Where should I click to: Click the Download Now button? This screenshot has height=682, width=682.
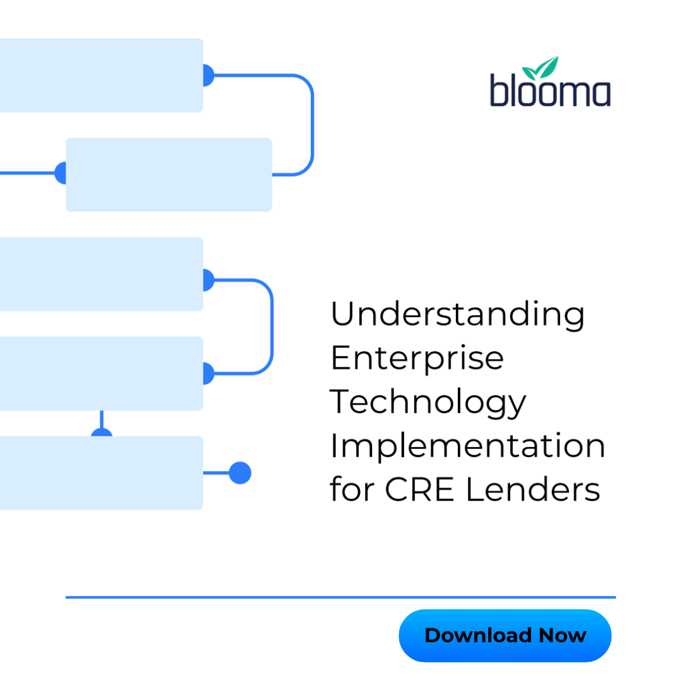pyautogui.click(x=505, y=635)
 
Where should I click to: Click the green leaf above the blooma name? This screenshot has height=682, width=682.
pyautogui.click(x=541, y=68)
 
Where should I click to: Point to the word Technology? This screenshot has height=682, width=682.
pyautogui.click(x=428, y=403)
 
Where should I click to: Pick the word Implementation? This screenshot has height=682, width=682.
pyautogui.click(x=467, y=446)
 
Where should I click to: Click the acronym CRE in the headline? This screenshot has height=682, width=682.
pyautogui.click(x=420, y=490)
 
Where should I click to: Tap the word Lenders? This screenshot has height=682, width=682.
pyautogui.click(x=533, y=490)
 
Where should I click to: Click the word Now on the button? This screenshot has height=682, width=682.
pyautogui.click(x=563, y=635)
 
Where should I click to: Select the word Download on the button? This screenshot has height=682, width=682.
pyautogui.click(x=479, y=635)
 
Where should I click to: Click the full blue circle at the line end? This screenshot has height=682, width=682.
pyautogui.click(x=240, y=473)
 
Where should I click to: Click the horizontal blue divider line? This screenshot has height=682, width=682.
pyautogui.click(x=340, y=597)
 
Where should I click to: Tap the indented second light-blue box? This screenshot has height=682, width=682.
pyautogui.click(x=169, y=174)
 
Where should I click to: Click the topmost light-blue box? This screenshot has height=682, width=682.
pyautogui.click(x=101, y=75)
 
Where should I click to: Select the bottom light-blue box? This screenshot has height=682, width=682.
pyautogui.click(x=101, y=473)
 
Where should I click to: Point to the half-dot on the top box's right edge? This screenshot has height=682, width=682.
pyautogui.click(x=209, y=75)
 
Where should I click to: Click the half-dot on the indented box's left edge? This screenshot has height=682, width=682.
pyautogui.click(x=61, y=173)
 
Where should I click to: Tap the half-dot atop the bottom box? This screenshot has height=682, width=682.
pyautogui.click(x=101, y=432)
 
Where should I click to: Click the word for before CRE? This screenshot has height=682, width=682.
pyautogui.click(x=352, y=489)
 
